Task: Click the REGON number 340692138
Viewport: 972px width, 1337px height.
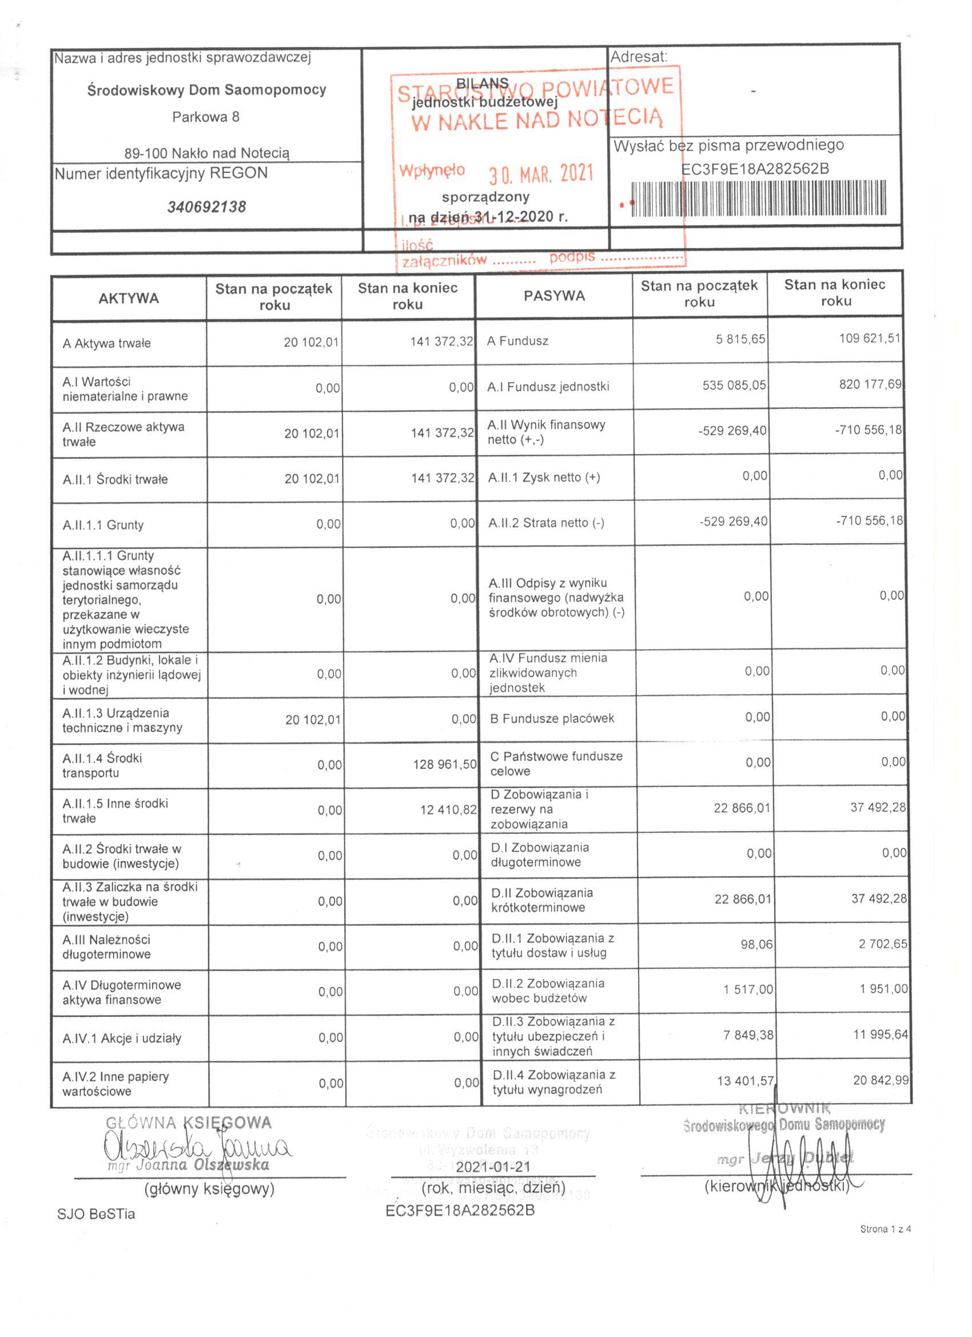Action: [206, 207]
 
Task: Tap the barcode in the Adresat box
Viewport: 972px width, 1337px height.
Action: [758, 198]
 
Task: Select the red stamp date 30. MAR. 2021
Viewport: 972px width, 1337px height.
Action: [540, 173]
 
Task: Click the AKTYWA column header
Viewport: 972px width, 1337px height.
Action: [129, 298]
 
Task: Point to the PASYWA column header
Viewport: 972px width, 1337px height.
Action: [554, 295]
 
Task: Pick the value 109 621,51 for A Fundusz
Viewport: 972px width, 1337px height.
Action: [870, 339]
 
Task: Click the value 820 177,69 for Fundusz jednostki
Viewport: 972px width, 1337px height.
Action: [870, 384]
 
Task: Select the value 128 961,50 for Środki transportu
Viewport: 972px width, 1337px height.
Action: [444, 764]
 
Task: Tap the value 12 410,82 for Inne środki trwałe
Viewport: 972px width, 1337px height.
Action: [448, 809]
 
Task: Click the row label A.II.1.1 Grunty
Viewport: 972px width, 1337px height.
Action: [103, 524]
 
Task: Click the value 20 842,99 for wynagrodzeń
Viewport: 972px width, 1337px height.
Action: [881, 1080]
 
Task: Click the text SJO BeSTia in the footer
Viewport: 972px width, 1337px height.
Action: [96, 1214]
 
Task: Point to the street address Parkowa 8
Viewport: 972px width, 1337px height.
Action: [206, 117]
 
